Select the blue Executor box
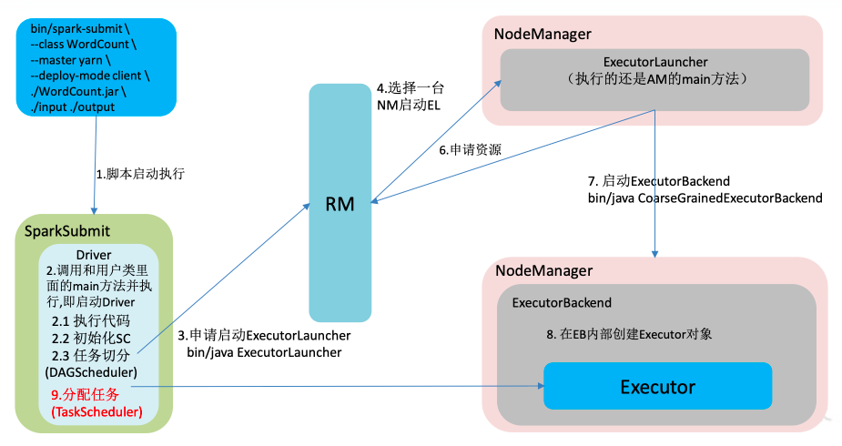click(x=657, y=386)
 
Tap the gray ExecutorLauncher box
click(x=654, y=70)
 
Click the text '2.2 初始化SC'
click(x=91, y=338)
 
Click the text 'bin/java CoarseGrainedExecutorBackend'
click(x=705, y=198)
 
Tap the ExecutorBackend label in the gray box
click(x=562, y=302)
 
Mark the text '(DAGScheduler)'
click(x=90, y=371)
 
